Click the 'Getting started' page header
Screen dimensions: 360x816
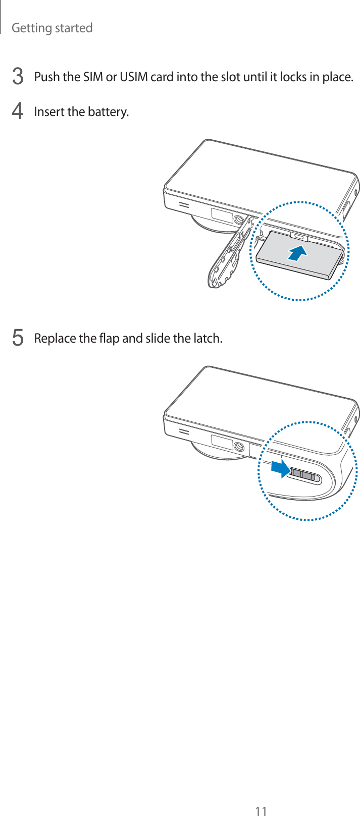point(52,28)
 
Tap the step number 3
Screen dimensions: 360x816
point(18,77)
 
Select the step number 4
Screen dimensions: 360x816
point(18,111)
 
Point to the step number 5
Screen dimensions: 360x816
point(18,337)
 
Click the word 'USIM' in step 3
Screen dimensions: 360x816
point(133,77)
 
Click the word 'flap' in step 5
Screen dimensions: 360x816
point(109,339)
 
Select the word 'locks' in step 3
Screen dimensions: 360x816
point(293,77)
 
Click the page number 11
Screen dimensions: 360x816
point(261,811)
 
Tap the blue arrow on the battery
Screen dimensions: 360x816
point(297,252)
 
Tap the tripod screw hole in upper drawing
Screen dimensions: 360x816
point(238,220)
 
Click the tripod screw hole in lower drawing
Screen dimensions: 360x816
point(238,447)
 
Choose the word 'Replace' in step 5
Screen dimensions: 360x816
point(55,339)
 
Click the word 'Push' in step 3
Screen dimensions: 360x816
point(47,77)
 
